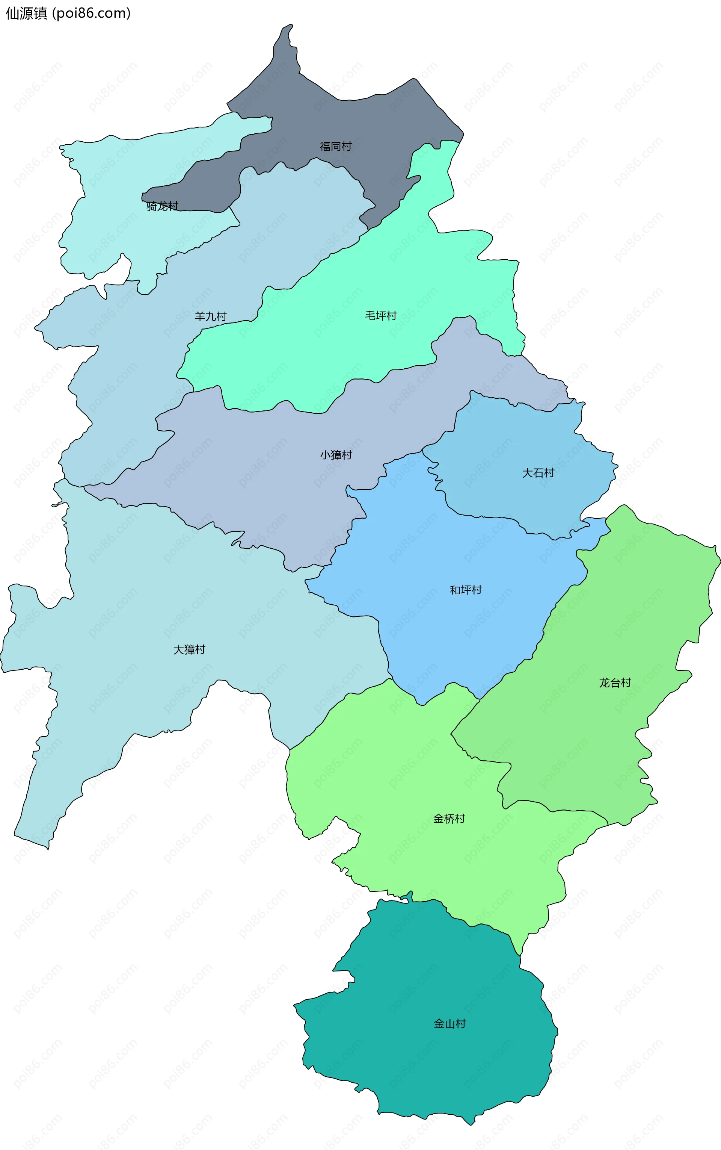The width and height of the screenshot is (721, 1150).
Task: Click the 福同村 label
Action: pos(336,147)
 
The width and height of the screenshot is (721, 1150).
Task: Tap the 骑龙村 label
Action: pos(162,206)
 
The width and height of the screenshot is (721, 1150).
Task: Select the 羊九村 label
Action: pos(210,316)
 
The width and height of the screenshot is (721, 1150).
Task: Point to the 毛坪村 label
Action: pos(380,315)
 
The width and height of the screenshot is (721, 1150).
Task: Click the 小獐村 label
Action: pos(336,455)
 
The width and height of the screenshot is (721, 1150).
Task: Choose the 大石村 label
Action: pos(538,473)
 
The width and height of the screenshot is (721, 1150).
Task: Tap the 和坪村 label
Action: pos(465,590)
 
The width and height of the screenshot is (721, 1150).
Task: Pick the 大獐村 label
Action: pos(189,649)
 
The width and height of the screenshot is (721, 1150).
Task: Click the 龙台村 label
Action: pos(615,683)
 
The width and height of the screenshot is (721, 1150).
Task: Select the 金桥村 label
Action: pos(449,819)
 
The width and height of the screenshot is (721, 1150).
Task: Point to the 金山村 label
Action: pos(449,1024)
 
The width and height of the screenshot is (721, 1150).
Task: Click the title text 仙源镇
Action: pos(26,14)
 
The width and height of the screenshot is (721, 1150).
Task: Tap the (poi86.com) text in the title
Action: pos(91,14)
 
